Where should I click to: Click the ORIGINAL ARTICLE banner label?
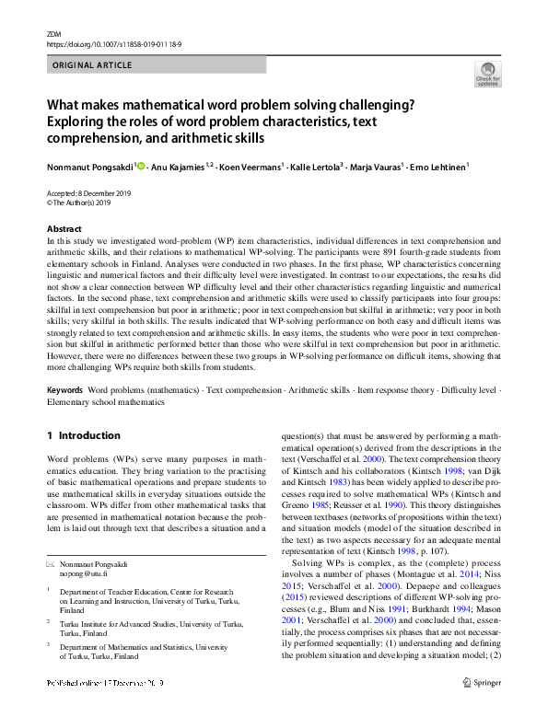(x=93, y=65)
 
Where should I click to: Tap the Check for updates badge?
(x=486, y=75)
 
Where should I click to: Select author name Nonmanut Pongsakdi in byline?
(x=90, y=167)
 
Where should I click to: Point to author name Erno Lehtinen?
(x=438, y=167)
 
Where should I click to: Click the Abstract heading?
(x=64, y=228)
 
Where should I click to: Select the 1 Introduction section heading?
(x=83, y=435)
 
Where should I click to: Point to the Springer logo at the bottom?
(x=482, y=709)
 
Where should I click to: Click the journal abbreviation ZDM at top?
(x=52, y=33)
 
